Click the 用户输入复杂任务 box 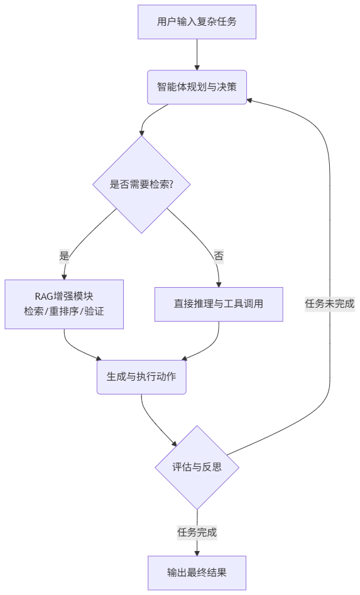pos(197,22)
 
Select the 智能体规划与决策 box pos(197,87)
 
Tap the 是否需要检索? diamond pos(141,184)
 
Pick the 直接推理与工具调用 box pos(219,304)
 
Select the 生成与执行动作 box pos(141,377)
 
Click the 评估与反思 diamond pos(197,467)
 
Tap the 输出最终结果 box pos(197,572)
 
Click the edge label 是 pos(64,256)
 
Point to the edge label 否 pos(219,256)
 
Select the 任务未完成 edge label pos(330,303)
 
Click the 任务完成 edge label pos(197,532)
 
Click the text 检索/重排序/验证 pos(64,312)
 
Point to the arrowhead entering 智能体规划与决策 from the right pos(250,100)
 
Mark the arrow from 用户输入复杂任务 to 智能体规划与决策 pos(197,54)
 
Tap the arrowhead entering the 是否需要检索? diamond pos(142,132)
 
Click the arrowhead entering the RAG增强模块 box pos(64,276)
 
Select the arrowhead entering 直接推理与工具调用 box pos(219,283)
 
